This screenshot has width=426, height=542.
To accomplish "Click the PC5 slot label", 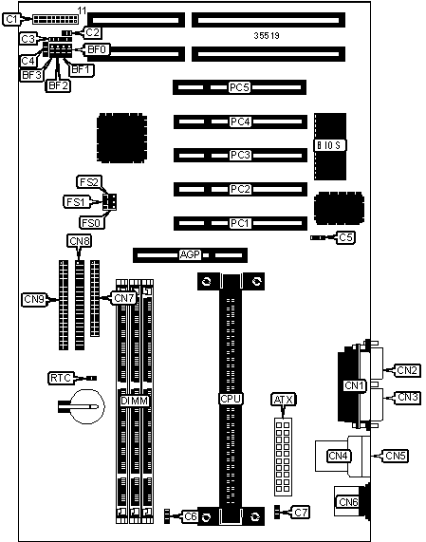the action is [x=239, y=87].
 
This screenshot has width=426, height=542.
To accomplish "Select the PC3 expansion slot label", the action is [x=240, y=155].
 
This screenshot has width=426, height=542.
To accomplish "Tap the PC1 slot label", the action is [x=240, y=223].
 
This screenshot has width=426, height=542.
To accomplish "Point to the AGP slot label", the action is [x=190, y=254].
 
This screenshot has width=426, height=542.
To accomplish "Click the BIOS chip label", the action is [x=329, y=145].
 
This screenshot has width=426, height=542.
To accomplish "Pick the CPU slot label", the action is [x=231, y=399].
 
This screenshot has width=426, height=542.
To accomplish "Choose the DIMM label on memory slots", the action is [x=135, y=401].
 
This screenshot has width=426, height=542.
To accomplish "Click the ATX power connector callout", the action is [x=284, y=400].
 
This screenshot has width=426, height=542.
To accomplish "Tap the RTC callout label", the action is [x=61, y=378].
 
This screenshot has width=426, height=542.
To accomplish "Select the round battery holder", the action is [x=87, y=406].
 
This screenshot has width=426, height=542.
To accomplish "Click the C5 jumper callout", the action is [x=346, y=237].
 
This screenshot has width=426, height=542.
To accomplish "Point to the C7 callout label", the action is [x=301, y=512].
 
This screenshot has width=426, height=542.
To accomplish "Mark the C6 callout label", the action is [x=191, y=516].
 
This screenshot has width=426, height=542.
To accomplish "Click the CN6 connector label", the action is [x=348, y=501].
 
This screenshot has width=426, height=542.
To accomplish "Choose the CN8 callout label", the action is [x=80, y=240].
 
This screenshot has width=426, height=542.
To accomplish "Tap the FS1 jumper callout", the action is [x=76, y=201].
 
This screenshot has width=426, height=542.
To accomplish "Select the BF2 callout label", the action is [x=58, y=85].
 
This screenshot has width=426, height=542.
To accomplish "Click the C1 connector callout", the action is [x=11, y=19].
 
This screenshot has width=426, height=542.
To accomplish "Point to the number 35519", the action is [x=267, y=36].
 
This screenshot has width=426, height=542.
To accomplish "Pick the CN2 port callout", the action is [x=408, y=370].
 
